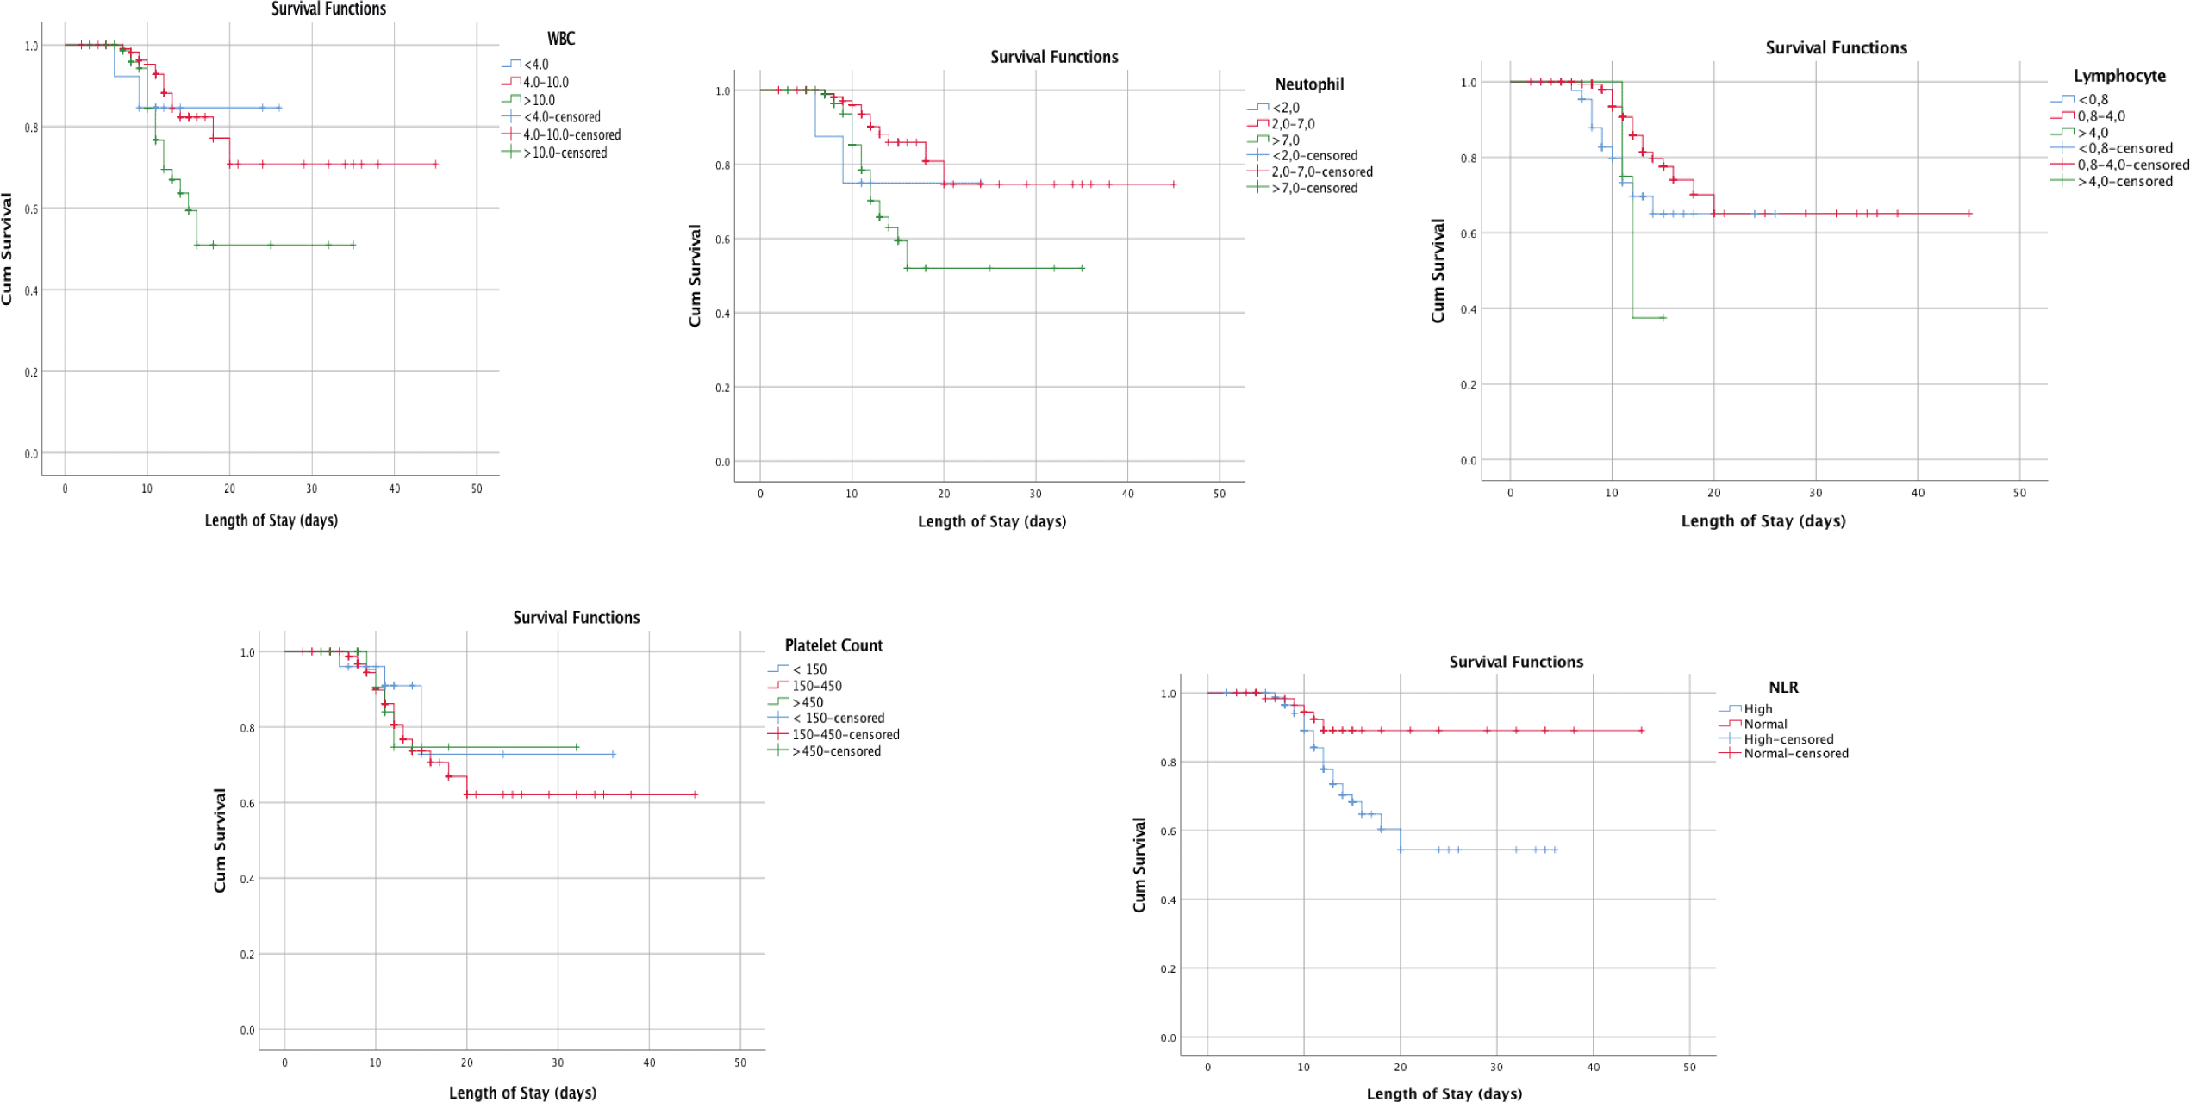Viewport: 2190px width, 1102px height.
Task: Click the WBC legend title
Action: click(560, 39)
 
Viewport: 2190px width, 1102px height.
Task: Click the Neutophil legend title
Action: click(1308, 84)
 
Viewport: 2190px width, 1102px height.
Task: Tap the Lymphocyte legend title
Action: click(2118, 76)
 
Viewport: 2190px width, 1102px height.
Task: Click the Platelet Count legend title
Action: click(833, 645)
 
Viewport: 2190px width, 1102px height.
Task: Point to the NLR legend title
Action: click(1783, 688)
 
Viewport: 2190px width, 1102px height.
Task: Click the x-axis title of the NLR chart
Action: click(1444, 1093)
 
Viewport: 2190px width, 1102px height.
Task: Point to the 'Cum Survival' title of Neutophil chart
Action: click(695, 276)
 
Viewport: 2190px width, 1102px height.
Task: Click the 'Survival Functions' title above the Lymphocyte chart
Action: click(1836, 48)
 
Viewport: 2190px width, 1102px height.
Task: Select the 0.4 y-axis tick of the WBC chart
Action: click(31, 290)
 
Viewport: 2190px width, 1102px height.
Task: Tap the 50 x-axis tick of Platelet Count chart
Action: click(739, 1062)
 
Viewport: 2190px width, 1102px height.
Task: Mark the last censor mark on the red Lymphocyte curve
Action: click(1969, 214)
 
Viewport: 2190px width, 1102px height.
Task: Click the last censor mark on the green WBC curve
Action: click(353, 246)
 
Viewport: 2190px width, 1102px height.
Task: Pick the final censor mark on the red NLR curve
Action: click(1641, 731)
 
